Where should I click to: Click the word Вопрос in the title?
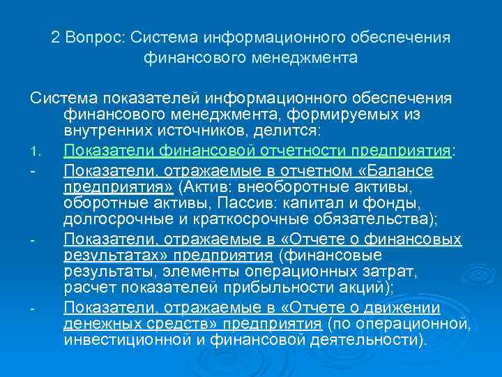click(x=95, y=37)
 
